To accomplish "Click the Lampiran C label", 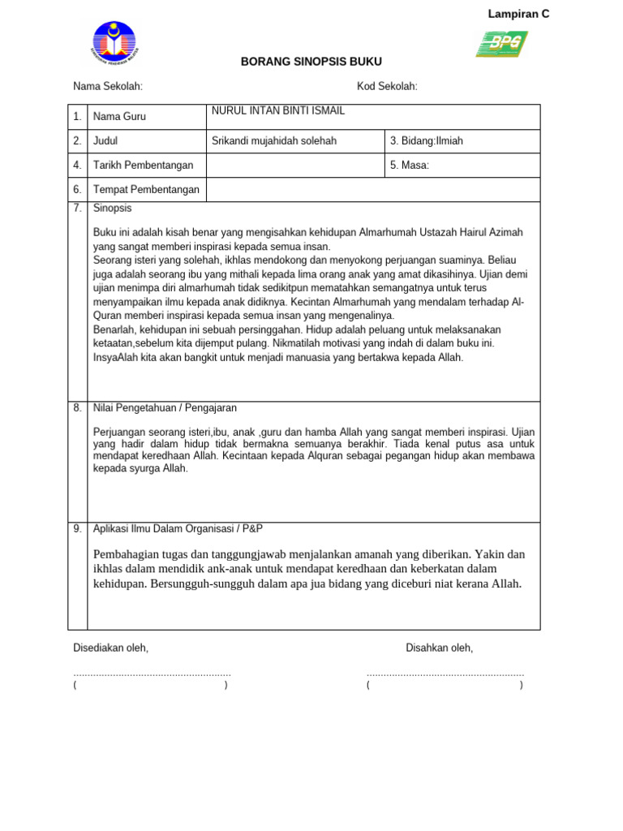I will click(x=518, y=14).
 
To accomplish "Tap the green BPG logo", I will click(x=501, y=44).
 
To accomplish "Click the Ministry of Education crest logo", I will click(x=114, y=43).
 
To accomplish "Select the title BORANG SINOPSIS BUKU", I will click(x=311, y=62).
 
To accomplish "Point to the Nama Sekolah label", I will click(x=108, y=87).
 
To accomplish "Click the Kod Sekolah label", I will click(x=387, y=87).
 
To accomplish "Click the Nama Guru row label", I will click(x=119, y=117).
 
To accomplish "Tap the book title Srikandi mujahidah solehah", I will click(x=274, y=141).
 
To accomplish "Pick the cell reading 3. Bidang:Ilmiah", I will click(x=427, y=141).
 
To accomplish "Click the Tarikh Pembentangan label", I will click(x=144, y=166).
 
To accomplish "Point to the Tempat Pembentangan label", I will click(x=146, y=190).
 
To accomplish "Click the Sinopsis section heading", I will click(x=112, y=209).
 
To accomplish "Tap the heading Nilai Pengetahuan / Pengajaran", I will click(x=165, y=408).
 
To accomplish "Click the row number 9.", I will click(x=77, y=528).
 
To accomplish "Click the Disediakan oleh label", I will click(x=111, y=648).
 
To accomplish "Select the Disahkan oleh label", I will click(x=439, y=648).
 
